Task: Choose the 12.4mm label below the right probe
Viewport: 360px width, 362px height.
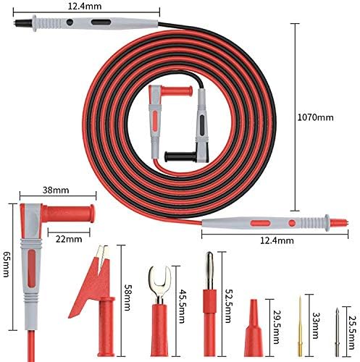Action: click(277, 240)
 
